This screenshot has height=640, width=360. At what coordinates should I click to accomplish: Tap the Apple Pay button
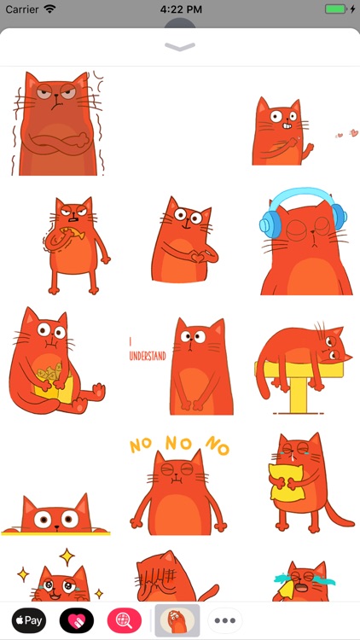pos(28,620)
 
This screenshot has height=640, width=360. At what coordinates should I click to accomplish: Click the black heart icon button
pos(77,620)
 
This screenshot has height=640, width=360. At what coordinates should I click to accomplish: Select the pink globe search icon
pos(125,620)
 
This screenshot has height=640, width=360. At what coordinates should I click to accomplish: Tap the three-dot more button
pos(226,620)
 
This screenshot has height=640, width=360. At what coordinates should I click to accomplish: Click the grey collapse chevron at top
pos(180,46)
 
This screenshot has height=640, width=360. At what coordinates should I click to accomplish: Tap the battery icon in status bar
pos(335,9)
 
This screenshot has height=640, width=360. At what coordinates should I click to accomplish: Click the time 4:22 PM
pos(180,9)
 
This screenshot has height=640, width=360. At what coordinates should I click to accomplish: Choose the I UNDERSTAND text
pos(147,352)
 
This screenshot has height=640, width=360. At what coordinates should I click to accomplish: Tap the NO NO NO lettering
pos(179,444)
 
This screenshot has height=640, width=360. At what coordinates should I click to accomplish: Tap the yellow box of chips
pos(49,377)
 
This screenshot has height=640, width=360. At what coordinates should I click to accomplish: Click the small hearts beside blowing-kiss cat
pos(345,134)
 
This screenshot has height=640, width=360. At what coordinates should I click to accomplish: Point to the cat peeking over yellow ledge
pos(55,516)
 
